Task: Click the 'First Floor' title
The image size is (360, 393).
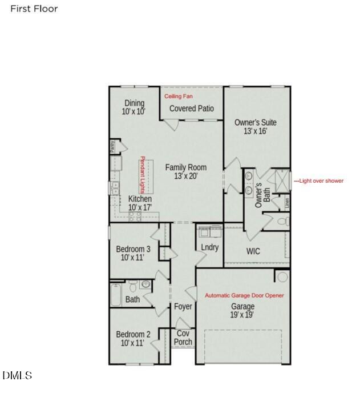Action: [34, 9]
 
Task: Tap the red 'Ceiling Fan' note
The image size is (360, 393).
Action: [179, 97]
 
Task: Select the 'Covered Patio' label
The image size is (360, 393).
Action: [192, 109]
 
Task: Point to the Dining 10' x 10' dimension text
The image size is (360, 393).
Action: [134, 112]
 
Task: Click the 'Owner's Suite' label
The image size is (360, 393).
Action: [255, 122]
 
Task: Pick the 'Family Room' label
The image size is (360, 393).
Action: [186, 167]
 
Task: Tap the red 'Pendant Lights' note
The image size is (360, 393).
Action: [143, 175]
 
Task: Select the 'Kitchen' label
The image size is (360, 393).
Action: [140, 199]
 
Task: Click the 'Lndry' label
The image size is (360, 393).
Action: [210, 247]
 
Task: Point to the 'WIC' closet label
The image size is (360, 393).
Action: [253, 251]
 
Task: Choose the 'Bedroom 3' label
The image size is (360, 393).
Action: [133, 249]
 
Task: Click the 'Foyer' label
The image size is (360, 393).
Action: [183, 307]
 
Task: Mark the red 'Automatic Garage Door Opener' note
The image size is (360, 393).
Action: [244, 296]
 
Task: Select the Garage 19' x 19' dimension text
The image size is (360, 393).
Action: [242, 315]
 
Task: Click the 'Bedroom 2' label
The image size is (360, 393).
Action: [133, 334]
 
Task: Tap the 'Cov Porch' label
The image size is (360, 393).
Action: [183, 338]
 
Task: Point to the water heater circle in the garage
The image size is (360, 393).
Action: [282, 276]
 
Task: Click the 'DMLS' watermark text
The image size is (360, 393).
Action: [17, 375]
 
